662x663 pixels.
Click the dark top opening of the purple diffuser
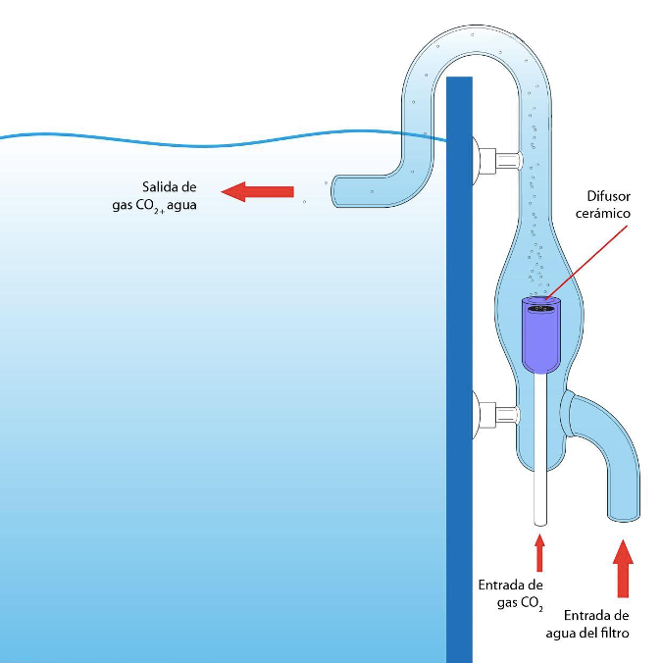tap(540, 307)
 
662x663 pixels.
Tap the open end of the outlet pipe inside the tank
tap(336, 186)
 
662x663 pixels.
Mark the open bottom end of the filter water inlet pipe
tap(623, 517)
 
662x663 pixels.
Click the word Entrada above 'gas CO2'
tap(504, 585)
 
